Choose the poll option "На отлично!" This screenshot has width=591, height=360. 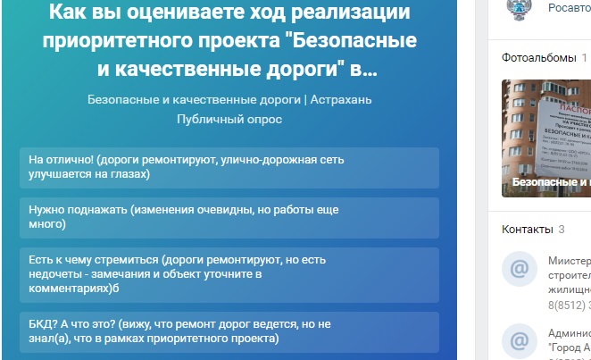point(228,167)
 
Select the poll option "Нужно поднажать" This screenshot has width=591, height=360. point(228,217)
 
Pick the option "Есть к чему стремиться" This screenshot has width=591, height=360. point(228,274)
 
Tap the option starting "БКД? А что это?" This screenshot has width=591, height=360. point(228,332)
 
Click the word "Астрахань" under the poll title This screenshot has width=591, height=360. point(340,98)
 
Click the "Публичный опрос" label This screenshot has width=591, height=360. point(229,119)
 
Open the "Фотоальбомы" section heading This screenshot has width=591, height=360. point(538,58)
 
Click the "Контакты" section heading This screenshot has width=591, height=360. point(527,230)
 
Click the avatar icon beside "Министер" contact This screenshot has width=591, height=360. point(519,269)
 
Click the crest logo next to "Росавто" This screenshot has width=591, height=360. point(519,8)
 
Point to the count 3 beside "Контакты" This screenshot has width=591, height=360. point(562,230)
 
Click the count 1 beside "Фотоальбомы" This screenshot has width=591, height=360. point(584,58)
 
